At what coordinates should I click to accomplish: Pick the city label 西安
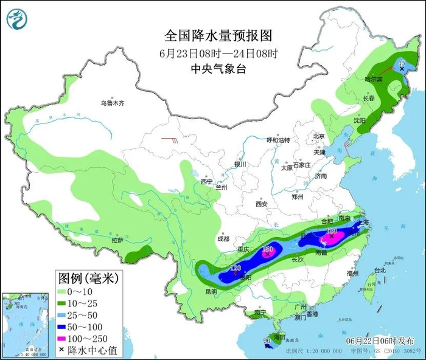click(x=262, y=204)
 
